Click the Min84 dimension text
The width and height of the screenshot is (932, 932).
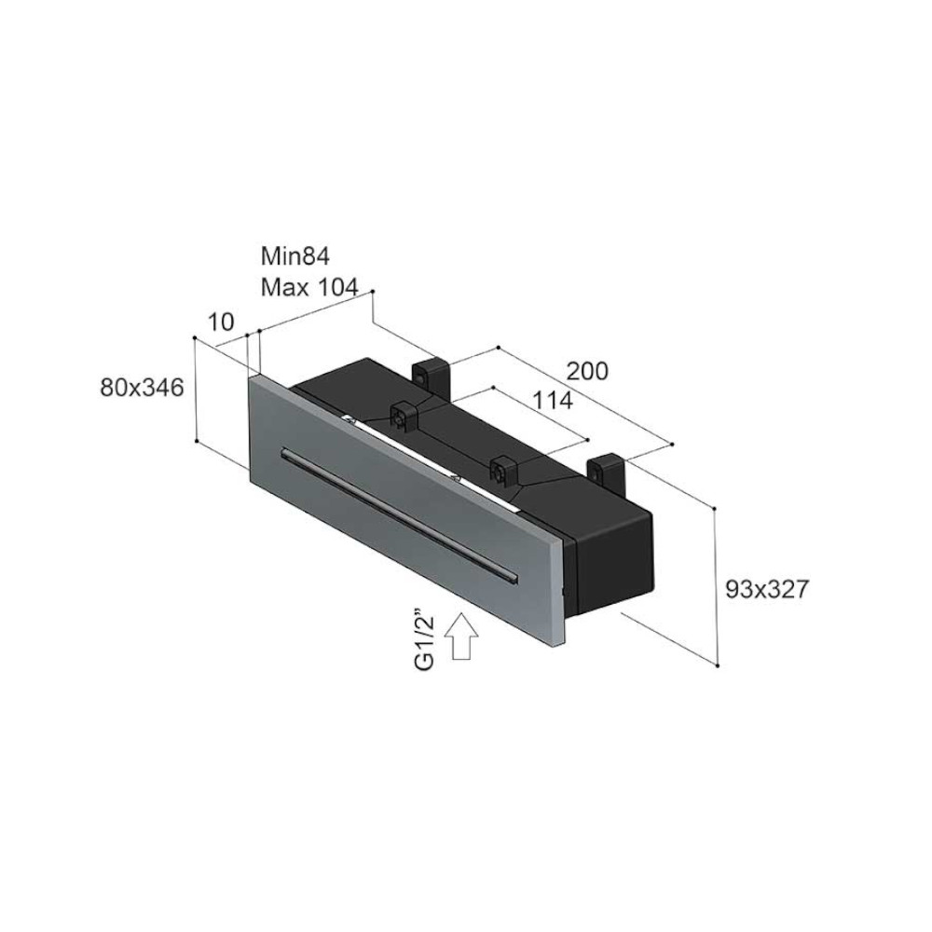coord(295,256)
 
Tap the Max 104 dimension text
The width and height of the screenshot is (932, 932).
coord(309,288)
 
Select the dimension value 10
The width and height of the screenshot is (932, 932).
coord(221,322)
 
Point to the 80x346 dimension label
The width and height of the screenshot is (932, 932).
coord(142,388)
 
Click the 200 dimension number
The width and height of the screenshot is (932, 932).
coord(587,371)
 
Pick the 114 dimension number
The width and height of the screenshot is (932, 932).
coord(552,401)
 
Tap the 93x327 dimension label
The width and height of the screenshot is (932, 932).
coord(767,589)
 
